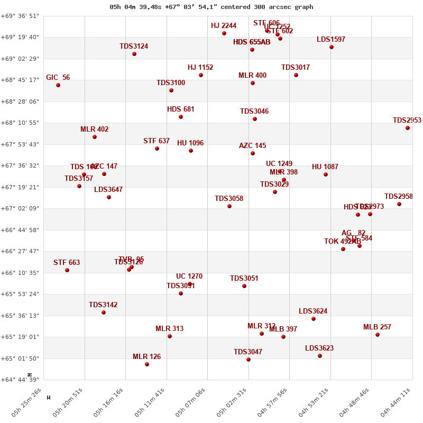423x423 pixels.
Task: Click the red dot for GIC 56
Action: (x=58, y=85)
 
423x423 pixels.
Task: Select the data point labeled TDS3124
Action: (x=134, y=54)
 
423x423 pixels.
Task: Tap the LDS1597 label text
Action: (x=331, y=40)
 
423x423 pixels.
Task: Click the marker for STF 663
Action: (x=67, y=270)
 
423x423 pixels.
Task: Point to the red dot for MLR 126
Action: (x=147, y=364)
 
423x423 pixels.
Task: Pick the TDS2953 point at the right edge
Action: (x=408, y=128)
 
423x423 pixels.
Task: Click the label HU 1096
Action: (x=190, y=143)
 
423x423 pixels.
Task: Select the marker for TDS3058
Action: (x=229, y=206)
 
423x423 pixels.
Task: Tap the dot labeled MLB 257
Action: (x=378, y=335)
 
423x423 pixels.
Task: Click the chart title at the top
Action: (x=212, y=7)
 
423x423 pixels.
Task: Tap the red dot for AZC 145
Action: (x=253, y=153)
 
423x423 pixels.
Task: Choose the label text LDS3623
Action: (x=319, y=348)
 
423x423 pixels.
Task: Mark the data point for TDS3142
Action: (x=104, y=312)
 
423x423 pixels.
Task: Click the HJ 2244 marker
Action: (x=224, y=33)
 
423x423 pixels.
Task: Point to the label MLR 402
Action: (x=95, y=130)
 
